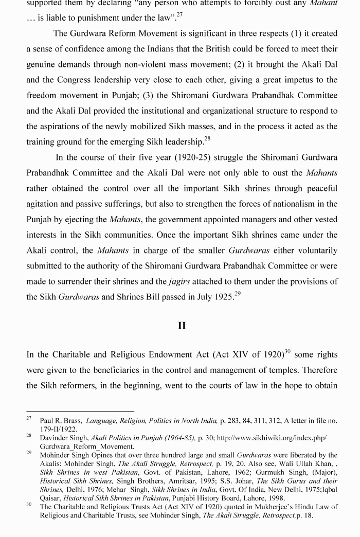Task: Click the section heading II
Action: tap(182, 326)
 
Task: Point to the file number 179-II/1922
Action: tap(59, 428)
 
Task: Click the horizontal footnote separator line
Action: tap(80, 411)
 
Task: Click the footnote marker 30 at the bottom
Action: tap(30, 505)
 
